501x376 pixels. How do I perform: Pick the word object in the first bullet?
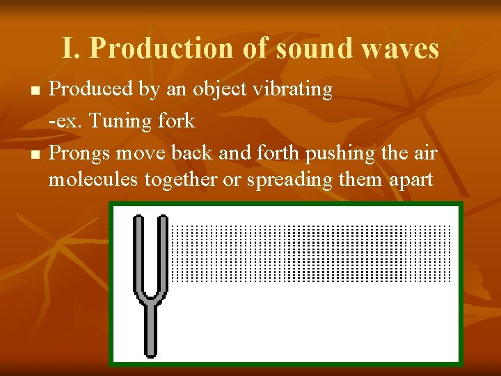coord(218,90)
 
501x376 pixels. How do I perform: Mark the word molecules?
coord(93,180)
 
